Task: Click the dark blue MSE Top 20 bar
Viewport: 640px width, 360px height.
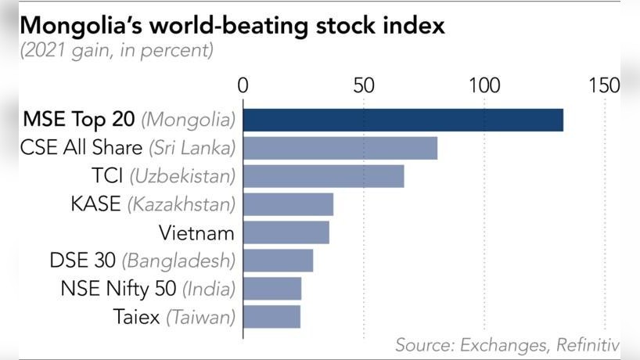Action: [403, 120]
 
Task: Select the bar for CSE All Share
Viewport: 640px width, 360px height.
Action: [340, 148]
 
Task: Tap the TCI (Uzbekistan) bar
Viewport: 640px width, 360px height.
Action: [324, 176]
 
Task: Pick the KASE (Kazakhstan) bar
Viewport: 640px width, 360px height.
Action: [288, 204]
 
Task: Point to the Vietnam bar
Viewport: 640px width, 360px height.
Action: [286, 232]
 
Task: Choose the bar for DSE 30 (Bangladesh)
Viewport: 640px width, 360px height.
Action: [278, 261]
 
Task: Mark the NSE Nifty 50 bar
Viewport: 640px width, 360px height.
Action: [272, 289]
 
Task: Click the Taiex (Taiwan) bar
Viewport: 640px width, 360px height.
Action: [271, 317]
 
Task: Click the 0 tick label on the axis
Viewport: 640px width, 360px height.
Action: [243, 85]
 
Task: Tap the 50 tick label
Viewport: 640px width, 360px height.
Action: [364, 85]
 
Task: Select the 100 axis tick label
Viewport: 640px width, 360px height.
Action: [484, 85]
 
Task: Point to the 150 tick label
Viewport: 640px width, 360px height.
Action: [604, 85]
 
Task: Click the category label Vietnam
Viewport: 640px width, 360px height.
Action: [197, 232]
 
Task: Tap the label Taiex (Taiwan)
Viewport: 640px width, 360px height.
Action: [174, 317]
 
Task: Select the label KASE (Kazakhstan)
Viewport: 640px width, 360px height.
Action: [153, 204]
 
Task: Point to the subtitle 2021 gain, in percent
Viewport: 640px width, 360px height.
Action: [117, 52]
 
